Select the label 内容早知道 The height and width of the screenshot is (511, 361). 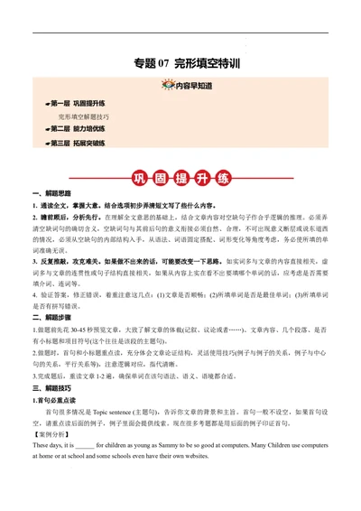click(193, 86)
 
